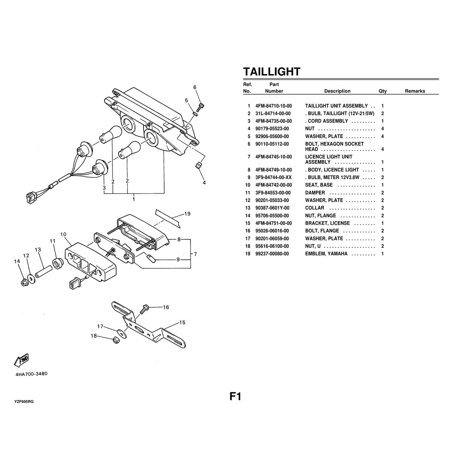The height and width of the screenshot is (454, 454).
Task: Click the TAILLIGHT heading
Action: pyautogui.click(x=271, y=72)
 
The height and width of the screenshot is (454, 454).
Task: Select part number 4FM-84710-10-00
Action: pyautogui.click(x=274, y=106)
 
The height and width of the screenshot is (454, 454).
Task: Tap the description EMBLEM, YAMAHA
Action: pyautogui.click(x=326, y=253)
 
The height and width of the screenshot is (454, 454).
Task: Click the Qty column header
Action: pyautogui.click(x=382, y=91)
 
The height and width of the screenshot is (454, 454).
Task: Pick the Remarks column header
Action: pyautogui.click(x=415, y=91)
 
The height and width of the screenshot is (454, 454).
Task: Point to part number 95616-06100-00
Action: pyautogui.click(x=272, y=246)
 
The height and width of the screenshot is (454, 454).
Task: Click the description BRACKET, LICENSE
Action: pyautogui.click(x=327, y=223)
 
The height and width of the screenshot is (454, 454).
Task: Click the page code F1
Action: pyautogui.click(x=235, y=396)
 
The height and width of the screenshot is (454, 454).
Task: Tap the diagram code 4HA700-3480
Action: pyautogui.click(x=31, y=374)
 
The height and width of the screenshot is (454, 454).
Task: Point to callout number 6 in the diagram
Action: pyautogui.click(x=195, y=87)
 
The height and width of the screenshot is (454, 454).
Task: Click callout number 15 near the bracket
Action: pyautogui.click(x=182, y=323)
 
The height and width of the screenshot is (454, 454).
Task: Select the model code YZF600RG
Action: pyautogui.click(x=24, y=402)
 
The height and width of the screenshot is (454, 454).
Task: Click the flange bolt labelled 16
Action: pyautogui.click(x=143, y=309)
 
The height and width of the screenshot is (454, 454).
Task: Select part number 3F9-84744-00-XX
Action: pyautogui.click(x=274, y=177)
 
